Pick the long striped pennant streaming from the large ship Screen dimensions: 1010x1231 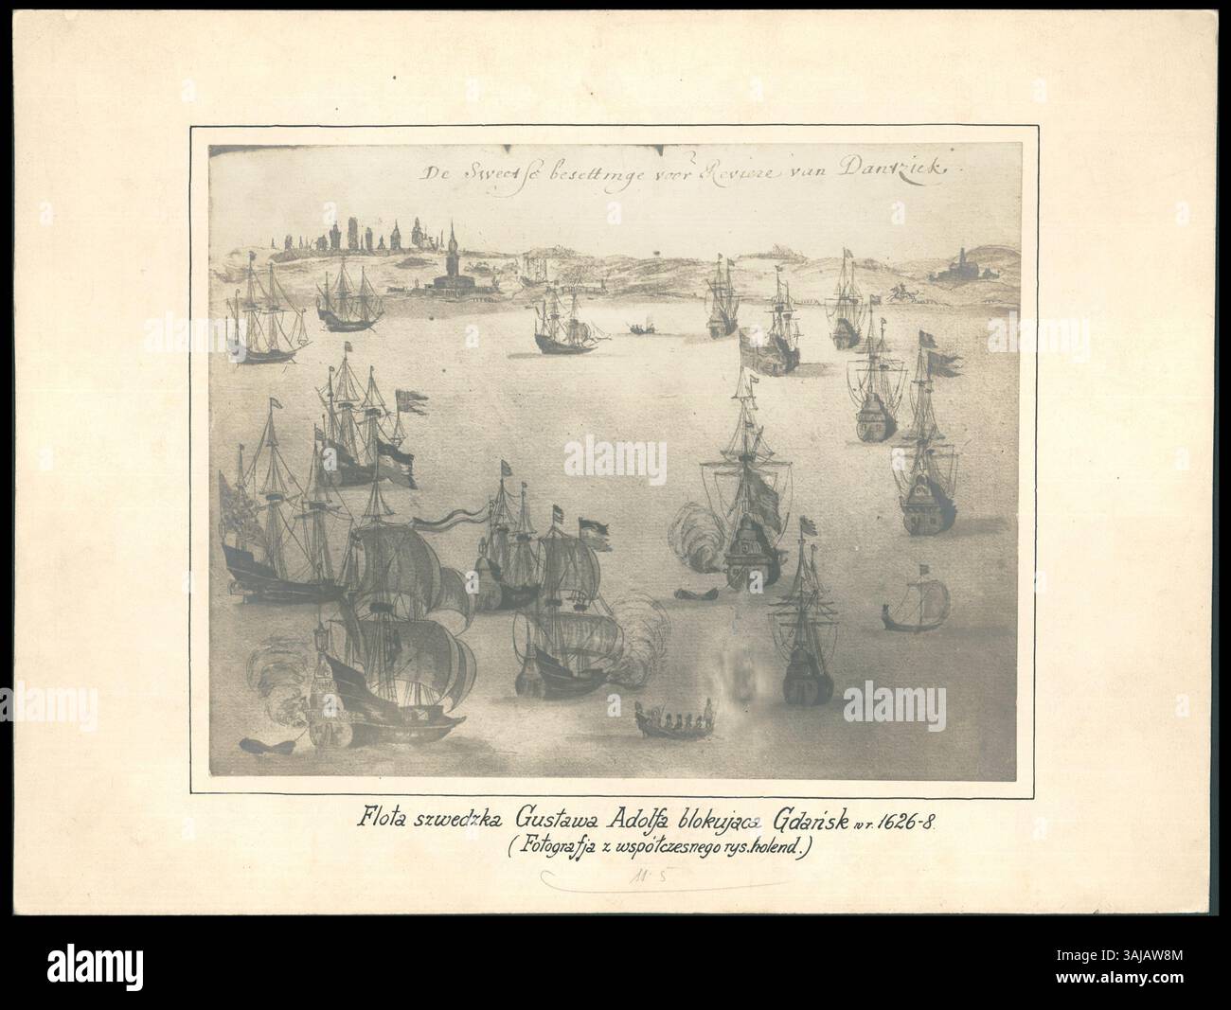pyautogui.click(x=453, y=516)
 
